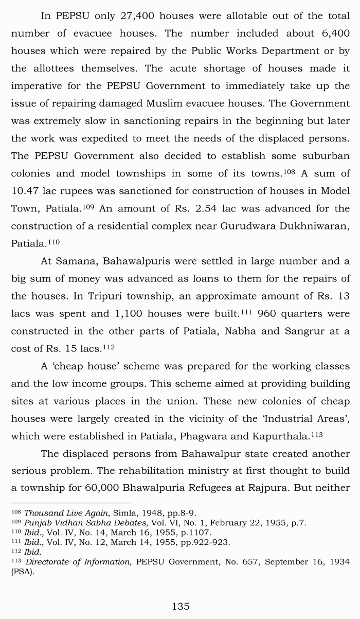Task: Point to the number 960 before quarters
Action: (267, 313)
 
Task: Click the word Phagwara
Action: (203, 436)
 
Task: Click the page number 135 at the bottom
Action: (181, 606)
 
